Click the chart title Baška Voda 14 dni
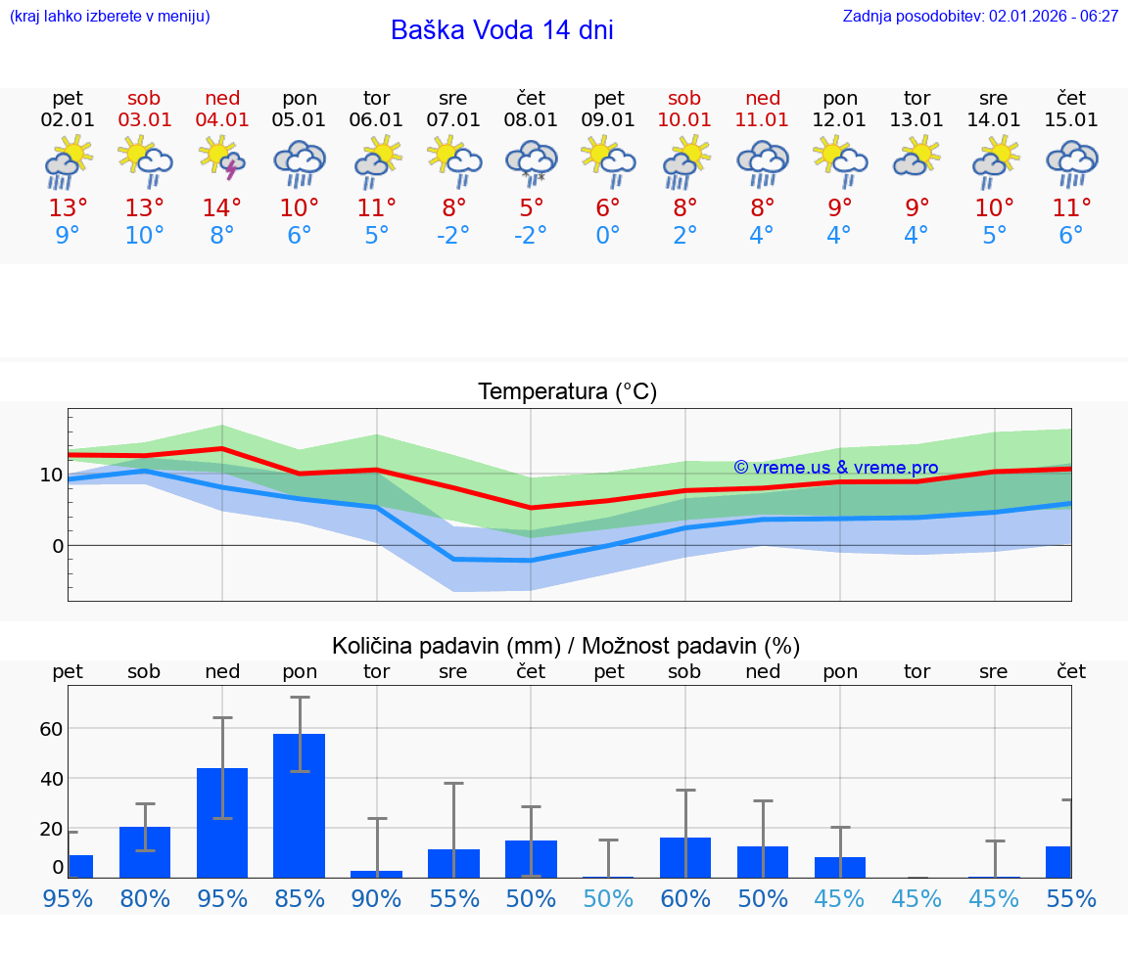click(501, 30)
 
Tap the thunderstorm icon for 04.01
click(222, 160)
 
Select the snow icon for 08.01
click(531, 161)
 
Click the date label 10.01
click(684, 120)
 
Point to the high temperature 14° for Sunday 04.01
click(222, 208)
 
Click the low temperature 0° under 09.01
click(608, 236)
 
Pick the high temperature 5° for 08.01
click(531, 208)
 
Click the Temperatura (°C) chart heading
click(567, 392)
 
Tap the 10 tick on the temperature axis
click(51, 476)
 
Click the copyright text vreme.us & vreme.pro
click(836, 468)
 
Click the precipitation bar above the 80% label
click(145, 852)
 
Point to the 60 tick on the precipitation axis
click(51, 729)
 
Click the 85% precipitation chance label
click(300, 899)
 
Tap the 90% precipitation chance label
click(377, 899)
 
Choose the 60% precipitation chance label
click(684, 899)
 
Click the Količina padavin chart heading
click(566, 646)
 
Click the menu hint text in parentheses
click(110, 17)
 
